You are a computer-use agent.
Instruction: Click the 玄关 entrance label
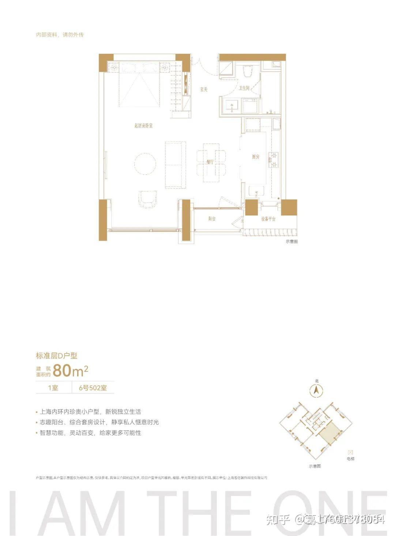(x=204, y=89)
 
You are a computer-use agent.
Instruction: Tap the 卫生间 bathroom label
(x=244, y=88)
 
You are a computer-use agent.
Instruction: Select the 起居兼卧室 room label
(x=143, y=126)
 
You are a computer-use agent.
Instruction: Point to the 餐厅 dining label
(x=210, y=162)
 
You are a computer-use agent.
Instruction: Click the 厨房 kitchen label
(x=255, y=157)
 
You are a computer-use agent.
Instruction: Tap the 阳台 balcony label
(x=212, y=219)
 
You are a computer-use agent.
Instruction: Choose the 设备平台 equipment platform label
(x=268, y=219)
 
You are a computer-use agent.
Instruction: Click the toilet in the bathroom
(x=248, y=71)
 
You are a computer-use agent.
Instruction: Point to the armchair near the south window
(x=148, y=199)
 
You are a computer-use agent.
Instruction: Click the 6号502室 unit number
(x=93, y=388)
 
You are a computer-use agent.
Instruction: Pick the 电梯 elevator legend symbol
(x=350, y=452)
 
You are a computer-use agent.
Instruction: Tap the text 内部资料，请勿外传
(x=60, y=35)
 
